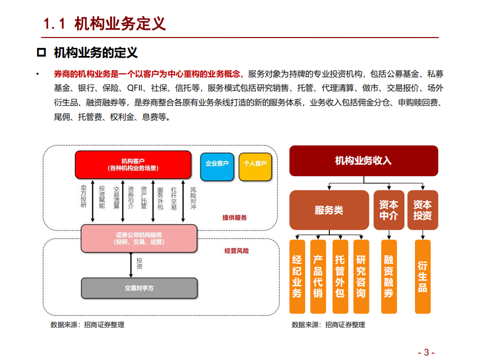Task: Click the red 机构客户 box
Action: (133, 165)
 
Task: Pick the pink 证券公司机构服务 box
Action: (139, 238)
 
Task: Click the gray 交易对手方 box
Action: (139, 288)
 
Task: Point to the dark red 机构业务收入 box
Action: (363, 161)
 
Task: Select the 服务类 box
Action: (329, 210)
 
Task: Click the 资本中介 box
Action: (388, 210)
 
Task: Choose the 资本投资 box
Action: (422, 210)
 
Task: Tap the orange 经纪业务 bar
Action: (297, 276)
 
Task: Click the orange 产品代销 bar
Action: (318, 276)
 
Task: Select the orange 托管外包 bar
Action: (340, 276)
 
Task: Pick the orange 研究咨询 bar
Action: (361, 276)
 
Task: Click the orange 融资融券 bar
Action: (388, 276)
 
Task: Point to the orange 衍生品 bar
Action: (422, 276)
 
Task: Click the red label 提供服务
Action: (235, 218)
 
